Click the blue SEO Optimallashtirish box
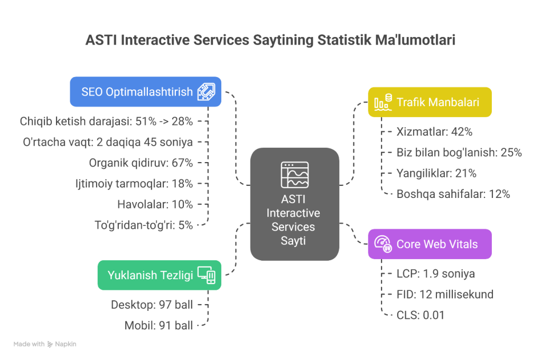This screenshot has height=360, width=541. coord(146,92)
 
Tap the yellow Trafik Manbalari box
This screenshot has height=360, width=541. coord(430,102)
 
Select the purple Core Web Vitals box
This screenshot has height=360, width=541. coord(430,244)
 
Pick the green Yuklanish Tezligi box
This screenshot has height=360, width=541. coord(160,275)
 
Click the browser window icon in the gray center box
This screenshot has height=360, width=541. coord(295,175)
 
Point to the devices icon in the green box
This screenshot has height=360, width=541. coord(207,275)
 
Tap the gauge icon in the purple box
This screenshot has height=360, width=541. coord(383,244)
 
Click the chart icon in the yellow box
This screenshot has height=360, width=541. coord(383,102)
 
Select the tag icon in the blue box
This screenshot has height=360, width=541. coord(207,92)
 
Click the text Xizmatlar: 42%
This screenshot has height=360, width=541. coord(434,132)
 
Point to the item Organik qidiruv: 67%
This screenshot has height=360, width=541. coord(141,163)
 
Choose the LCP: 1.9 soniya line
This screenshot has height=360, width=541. coord(436,273)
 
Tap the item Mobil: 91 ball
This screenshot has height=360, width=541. coord(158,325)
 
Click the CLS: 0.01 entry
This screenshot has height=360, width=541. coord(421,315)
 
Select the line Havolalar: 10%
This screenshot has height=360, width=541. coord(155,204)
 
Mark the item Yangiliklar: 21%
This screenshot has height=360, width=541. coord(436,173)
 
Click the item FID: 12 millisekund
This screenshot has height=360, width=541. coord(445,294)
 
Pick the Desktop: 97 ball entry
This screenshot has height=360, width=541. coord(152,305)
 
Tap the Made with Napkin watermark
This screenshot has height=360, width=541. coord(45,344)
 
